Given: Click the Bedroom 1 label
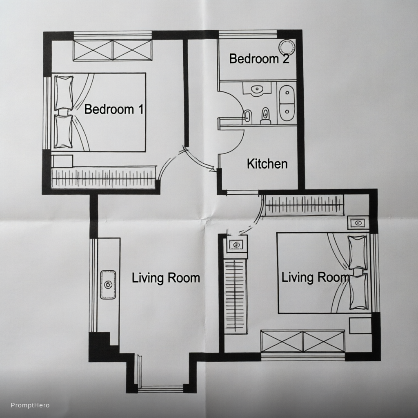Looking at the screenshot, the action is pyautogui.click(x=114, y=109).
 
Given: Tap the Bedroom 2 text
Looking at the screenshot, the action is pyautogui.click(x=259, y=58).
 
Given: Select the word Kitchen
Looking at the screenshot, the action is pyautogui.click(x=267, y=164).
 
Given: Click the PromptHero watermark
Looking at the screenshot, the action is pyautogui.click(x=30, y=405).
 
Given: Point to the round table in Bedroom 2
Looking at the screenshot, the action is pyautogui.click(x=287, y=47).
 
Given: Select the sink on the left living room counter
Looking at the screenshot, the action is pyautogui.click(x=108, y=285).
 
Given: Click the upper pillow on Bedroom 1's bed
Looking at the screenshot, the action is pyautogui.click(x=64, y=93).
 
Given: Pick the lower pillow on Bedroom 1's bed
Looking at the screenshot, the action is pyautogui.click(x=63, y=131).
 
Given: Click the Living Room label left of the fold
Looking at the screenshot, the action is pyautogui.click(x=166, y=278).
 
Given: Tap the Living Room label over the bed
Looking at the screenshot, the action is pyautogui.click(x=315, y=277).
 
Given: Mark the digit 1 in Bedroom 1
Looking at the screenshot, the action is pyautogui.click(x=140, y=109).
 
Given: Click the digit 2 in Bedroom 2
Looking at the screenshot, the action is pyautogui.click(x=286, y=58).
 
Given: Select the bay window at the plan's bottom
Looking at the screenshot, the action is pyautogui.click(x=161, y=389).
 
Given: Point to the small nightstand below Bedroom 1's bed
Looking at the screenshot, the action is pyautogui.click(x=62, y=161).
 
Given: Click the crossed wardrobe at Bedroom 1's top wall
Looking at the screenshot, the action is pyautogui.click(x=113, y=50).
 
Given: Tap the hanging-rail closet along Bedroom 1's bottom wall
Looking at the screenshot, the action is pyautogui.click(x=103, y=178).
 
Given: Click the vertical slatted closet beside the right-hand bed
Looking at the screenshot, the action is pyautogui.click(x=235, y=296).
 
